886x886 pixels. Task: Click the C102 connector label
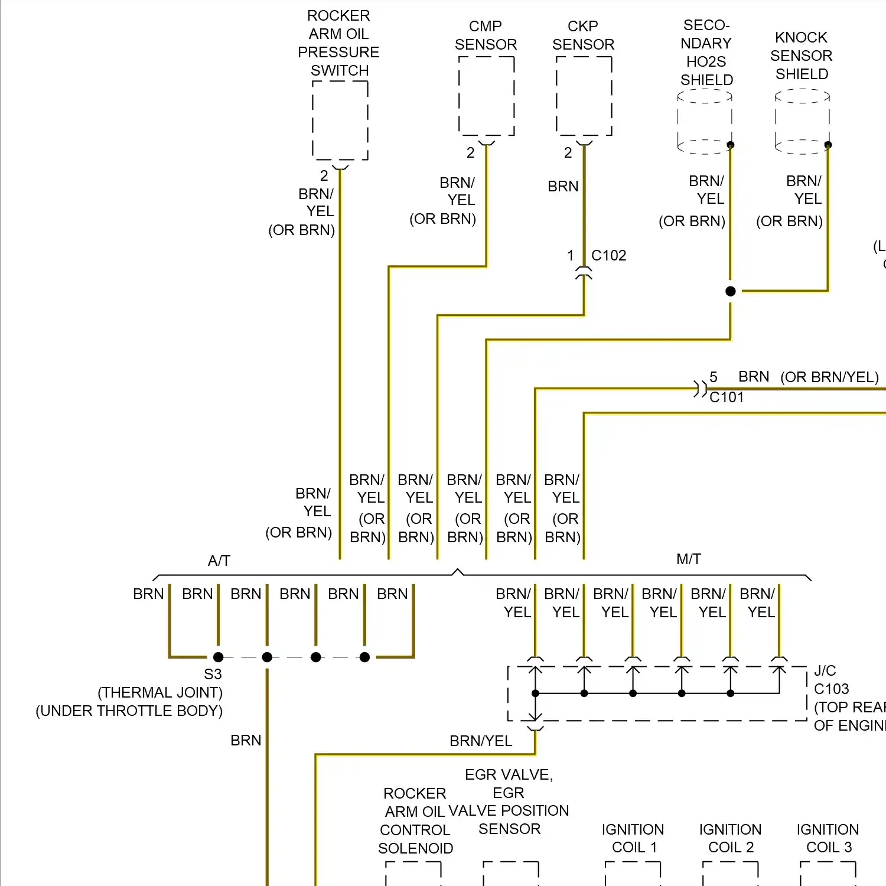609,255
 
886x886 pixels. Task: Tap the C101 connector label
727,397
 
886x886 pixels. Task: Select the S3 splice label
213,674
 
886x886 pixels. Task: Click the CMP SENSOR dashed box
486,96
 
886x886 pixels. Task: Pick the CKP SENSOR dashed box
584,96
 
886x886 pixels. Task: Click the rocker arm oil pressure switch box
340,120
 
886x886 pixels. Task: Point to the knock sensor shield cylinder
802,121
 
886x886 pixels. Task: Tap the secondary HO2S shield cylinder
705,121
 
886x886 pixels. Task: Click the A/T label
219,561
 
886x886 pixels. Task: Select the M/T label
689,559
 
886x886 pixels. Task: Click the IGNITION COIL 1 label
633,838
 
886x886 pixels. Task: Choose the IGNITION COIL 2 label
731,838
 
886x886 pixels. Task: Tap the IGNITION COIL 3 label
828,838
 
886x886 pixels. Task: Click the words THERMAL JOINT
160,692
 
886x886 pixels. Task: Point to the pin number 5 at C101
714,377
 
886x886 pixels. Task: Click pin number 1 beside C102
571,255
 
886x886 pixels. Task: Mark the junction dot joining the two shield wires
731,291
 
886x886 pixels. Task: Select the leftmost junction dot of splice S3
219,657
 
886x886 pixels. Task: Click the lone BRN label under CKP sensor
563,186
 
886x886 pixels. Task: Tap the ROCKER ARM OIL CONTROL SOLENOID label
415,820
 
